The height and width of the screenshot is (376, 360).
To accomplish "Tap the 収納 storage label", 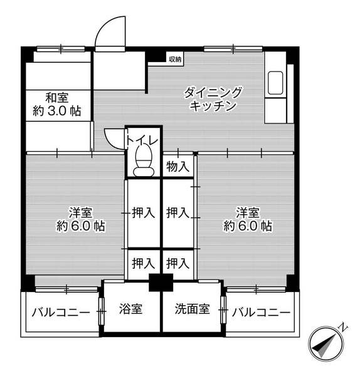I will click(174, 60).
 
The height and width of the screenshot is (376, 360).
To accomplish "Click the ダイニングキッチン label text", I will click(213, 100).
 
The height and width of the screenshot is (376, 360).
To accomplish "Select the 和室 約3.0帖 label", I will click(56, 104).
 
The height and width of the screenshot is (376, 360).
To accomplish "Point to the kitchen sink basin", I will click(275, 83).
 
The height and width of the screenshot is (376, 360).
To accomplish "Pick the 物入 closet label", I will click(177, 167).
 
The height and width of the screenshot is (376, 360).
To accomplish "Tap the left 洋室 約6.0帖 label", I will click(81, 219).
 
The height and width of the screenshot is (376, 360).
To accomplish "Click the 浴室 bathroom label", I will click(130, 309).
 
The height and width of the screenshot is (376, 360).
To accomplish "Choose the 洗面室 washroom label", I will click(191, 309).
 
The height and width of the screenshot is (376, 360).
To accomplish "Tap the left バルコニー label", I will click(60, 312).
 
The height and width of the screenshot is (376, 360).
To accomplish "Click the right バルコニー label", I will click(260, 312).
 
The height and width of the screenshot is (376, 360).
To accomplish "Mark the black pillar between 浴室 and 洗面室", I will click(161, 283).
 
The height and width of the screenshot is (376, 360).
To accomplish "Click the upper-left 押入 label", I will click(144, 213).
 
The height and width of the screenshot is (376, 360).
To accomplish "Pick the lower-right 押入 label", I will click(178, 263).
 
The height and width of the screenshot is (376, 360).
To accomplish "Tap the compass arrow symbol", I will click(326, 344).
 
